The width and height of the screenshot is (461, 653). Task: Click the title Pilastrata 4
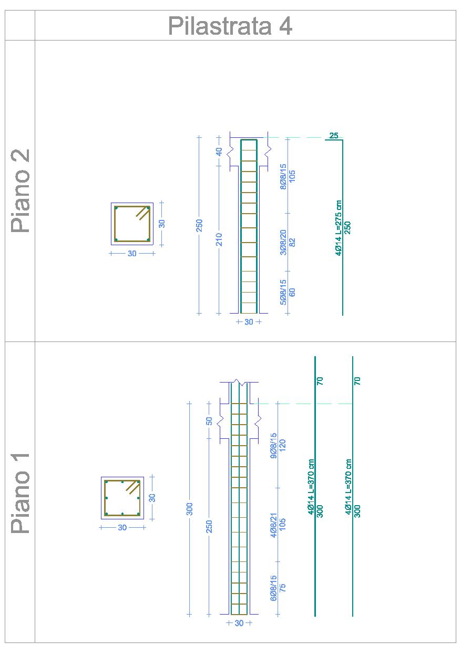(x=230, y=26)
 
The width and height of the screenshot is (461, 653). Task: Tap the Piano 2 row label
(x=21, y=191)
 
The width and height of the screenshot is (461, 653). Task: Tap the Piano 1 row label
(x=21, y=493)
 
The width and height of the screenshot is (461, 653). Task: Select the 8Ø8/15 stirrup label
(x=283, y=177)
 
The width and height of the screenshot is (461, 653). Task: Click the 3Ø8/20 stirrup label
(x=283, y=243)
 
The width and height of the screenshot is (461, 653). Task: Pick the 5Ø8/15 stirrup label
(x=283, y=292)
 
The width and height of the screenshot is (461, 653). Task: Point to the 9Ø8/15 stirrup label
(x=273, y=446)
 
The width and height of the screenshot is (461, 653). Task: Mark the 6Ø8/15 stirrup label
(x=273, y=588)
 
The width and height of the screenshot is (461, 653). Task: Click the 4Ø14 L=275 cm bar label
(x=339, y=228)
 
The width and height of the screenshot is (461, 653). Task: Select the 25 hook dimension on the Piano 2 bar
(x=333, y=136)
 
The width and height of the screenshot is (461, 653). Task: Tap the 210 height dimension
(x=219, y=239)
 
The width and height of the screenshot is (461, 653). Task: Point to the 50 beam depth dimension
(x=209, y=421)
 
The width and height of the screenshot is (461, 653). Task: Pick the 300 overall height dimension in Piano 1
(x=189, y=509)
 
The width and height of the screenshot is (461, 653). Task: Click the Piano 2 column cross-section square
(x=132, y=224)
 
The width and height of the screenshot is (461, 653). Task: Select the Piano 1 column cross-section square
(x=122, y=498)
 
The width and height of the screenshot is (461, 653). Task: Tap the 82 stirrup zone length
(x=292, y=243)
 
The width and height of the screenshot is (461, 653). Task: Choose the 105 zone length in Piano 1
(x=282, y=525)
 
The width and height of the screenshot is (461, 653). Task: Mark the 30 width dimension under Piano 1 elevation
(x=239, y=624)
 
